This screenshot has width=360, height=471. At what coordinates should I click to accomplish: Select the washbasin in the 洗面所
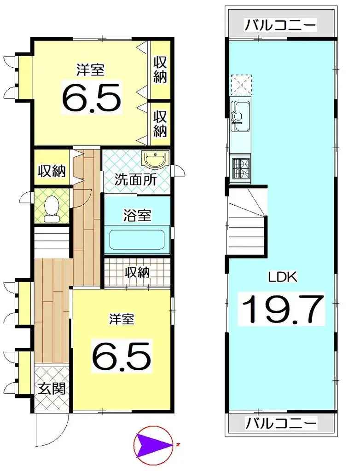point(157,160)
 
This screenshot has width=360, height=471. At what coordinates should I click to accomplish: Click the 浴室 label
point(137,215)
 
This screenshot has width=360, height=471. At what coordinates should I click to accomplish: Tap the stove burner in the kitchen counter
point(240,166)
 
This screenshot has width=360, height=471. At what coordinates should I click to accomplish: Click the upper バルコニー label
point(280,25)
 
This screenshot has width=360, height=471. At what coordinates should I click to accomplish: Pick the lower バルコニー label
point(280,422)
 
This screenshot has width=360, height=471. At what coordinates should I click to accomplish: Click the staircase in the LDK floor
point(247,220)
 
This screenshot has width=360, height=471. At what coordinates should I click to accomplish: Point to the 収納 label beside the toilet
point(51,171)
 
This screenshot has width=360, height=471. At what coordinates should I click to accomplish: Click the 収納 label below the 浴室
point(138,272)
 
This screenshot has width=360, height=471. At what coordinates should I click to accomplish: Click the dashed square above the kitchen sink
point(241,83)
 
